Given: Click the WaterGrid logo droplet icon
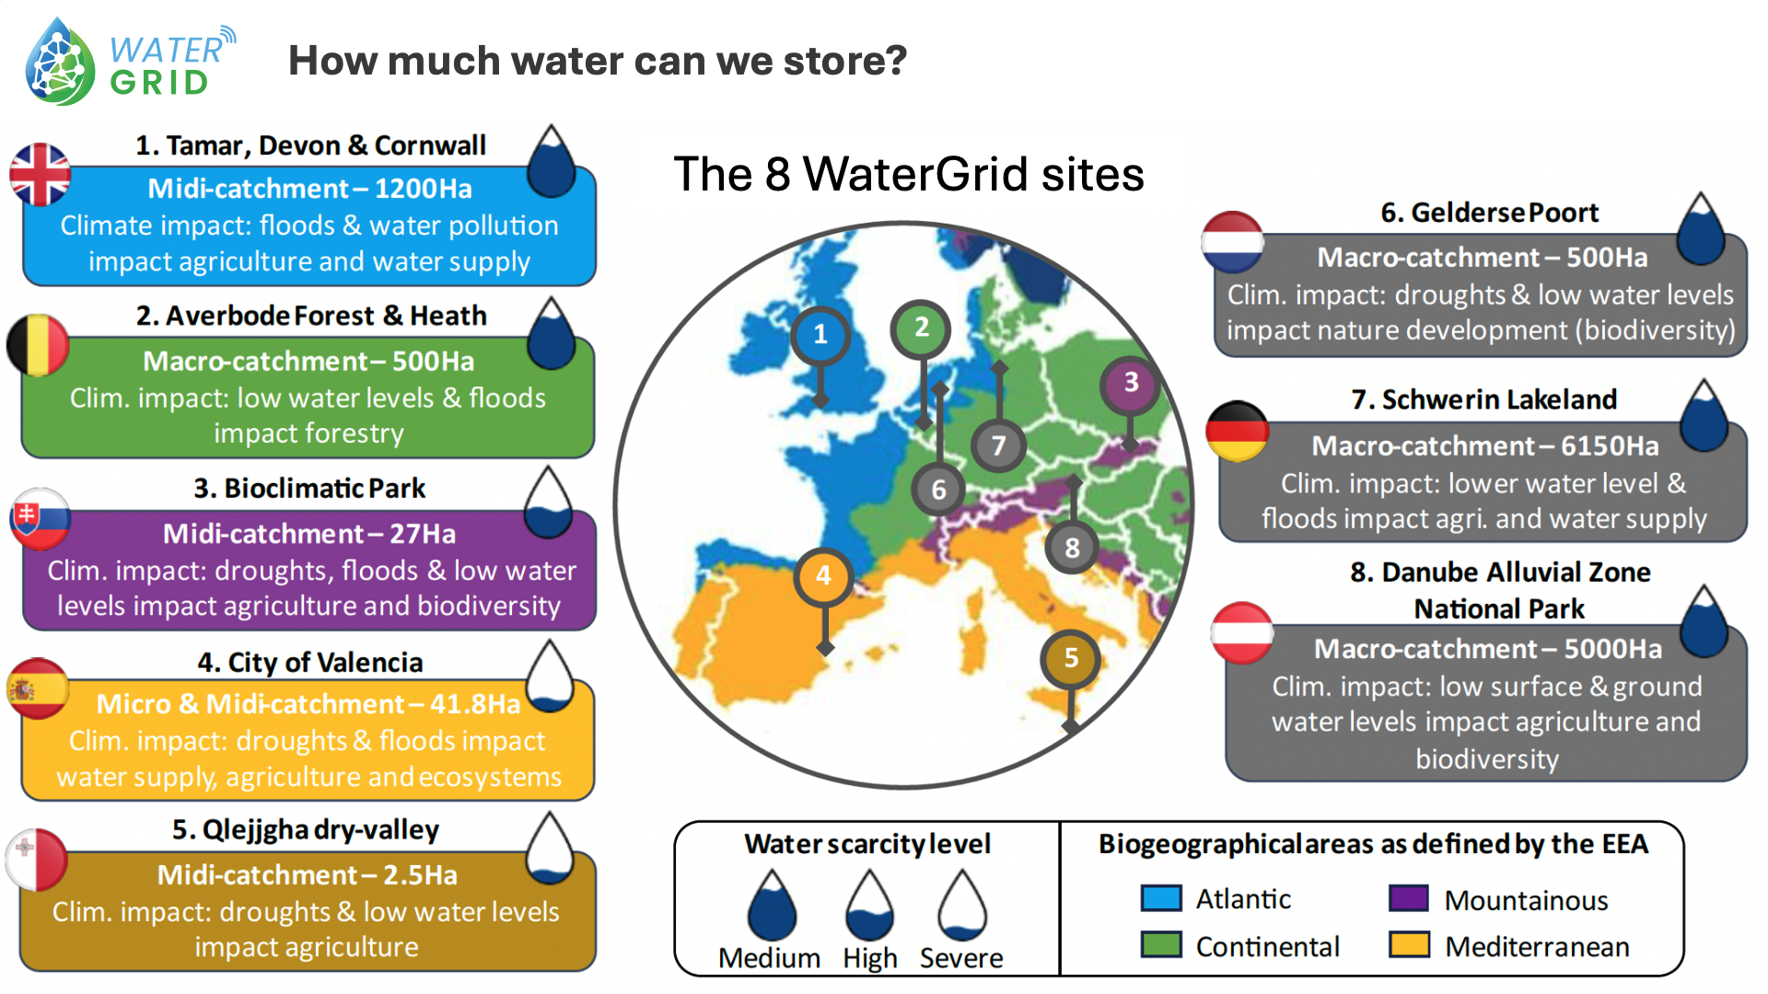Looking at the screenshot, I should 61,63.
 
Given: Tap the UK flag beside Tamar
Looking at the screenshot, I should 40,174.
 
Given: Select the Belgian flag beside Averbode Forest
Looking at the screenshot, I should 38,345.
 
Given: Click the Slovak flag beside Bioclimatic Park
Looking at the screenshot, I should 40,518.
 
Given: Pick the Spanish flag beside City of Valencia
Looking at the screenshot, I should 38,688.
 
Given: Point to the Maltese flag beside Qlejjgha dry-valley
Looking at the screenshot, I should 37,860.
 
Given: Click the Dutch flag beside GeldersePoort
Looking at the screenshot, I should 1232,242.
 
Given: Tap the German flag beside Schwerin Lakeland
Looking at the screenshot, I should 1238,431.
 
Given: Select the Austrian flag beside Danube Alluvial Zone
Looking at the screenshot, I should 1242,633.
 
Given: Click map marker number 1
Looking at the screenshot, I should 820,334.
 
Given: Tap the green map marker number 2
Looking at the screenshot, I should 921,328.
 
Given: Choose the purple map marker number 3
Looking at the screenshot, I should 1131,383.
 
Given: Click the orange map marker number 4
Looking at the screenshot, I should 823,576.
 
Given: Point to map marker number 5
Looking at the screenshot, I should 1070,658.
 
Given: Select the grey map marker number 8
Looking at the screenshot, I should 1072,548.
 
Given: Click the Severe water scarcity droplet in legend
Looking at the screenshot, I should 961,906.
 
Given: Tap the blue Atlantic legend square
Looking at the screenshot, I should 1160,898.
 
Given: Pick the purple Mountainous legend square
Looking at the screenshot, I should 1409,898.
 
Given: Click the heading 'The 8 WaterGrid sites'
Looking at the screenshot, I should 909,174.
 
